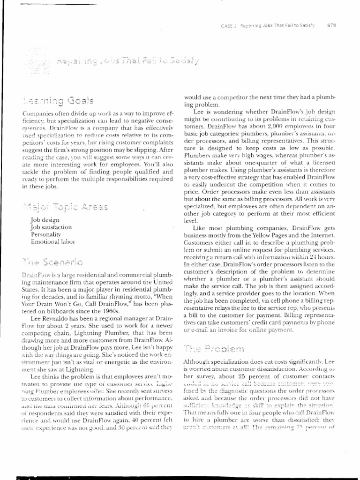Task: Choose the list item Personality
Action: click(45, 234)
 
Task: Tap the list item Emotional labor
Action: click(52, 241)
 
